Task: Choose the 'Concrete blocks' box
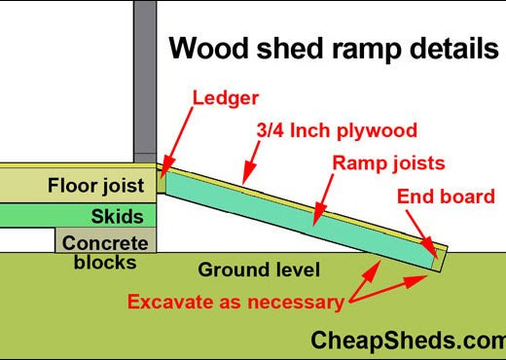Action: pyautogui.click(x=103, y=251)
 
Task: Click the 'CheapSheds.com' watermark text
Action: pyautogui.click(x=408, y=340)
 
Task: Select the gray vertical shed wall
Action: pyautogui.click(x=145, y=78)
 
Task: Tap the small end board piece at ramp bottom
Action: pyautogui.click(x=438, y=257)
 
